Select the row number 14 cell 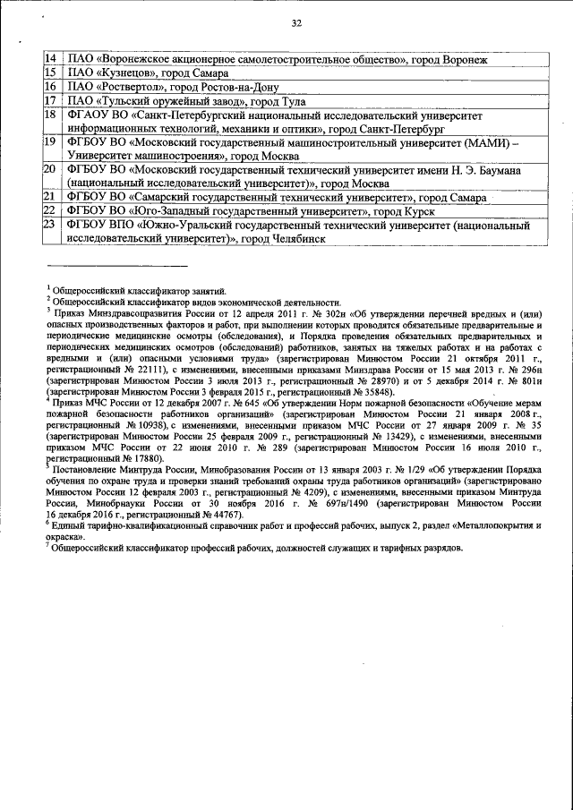51,58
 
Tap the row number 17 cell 51,101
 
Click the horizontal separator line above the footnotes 116,266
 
